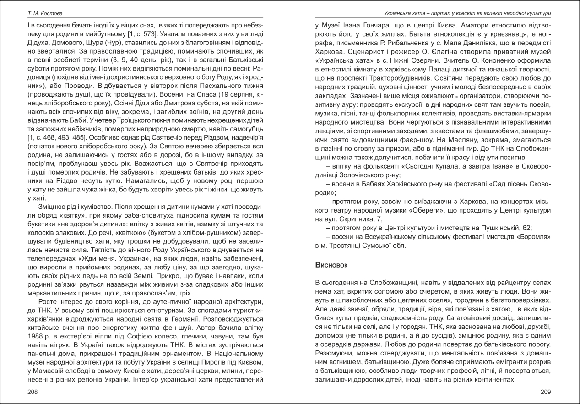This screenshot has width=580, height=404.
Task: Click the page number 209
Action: (545, 392)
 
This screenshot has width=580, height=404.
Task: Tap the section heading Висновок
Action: (331, 265)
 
